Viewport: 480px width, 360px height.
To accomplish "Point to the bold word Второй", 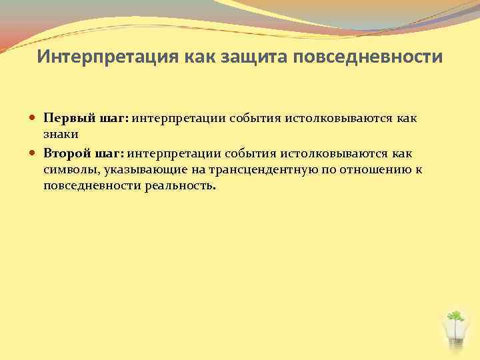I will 67,154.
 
